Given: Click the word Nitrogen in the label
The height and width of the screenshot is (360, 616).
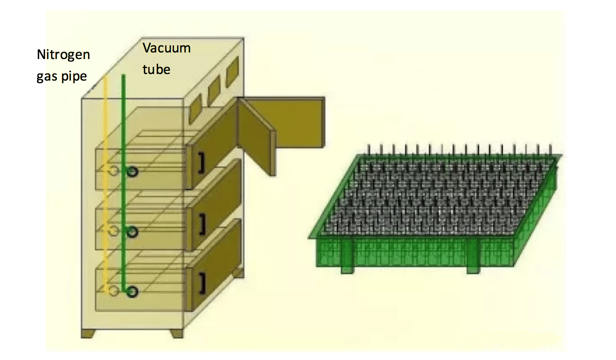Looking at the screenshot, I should pos(63,55).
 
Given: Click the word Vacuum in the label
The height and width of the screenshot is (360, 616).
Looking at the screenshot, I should pos(167,48).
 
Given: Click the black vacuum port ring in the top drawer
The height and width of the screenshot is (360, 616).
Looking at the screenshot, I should pos(133,172).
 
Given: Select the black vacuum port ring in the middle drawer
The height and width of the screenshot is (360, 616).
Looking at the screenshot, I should pos(133,232).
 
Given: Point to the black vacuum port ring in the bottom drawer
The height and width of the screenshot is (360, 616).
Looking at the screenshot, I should pos(133,292).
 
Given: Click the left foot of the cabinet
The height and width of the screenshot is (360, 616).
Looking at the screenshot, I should pos(89,333).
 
